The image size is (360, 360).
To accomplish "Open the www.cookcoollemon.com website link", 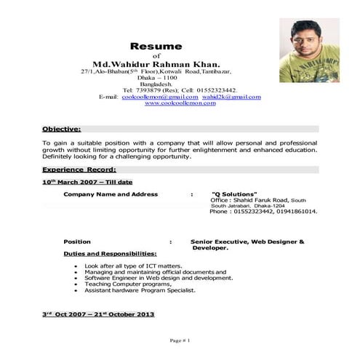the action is pos(180,104).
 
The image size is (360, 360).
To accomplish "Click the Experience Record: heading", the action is pos(79,169).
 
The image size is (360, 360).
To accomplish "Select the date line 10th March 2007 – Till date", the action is pos(87,181).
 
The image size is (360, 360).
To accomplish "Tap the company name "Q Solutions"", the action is pos(233,195).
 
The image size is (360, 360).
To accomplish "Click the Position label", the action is pos(77,241).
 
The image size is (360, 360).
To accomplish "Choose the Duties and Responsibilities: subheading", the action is pos(110,254).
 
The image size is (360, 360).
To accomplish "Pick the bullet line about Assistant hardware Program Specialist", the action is pos(140,289).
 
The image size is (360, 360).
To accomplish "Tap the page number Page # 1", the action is pos(180,340).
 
